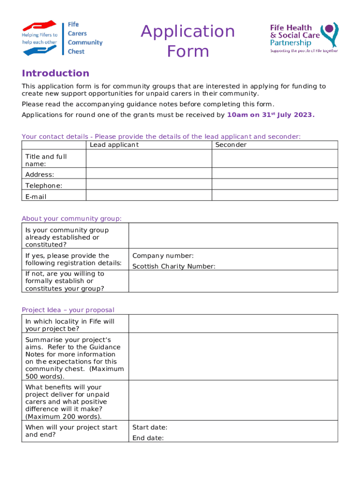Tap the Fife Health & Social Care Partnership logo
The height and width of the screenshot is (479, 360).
[x=304, y=37]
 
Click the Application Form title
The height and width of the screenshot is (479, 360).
[x=188, y=41]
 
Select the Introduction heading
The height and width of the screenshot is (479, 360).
[x=55, y=73]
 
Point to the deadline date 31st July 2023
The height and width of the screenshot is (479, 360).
[x=270, y=115]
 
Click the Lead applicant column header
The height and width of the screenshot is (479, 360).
[x=114, y=145]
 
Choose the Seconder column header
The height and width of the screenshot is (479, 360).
[x=230, y=145]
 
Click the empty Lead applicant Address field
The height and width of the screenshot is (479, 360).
[x=149, y=173]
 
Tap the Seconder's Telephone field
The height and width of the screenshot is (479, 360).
[x=274, y=184]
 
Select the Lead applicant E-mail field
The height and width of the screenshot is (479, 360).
[x=149, y=196]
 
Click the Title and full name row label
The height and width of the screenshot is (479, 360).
[x=46, y=160]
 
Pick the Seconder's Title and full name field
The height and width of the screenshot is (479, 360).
[x=274, y=159]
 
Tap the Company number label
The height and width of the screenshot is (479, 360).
[x=163, y=255]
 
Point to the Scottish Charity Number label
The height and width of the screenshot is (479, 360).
[x=174, y=267]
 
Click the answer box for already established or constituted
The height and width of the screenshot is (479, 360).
[x=233, y=236]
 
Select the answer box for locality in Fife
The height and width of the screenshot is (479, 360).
[x=233, y=324]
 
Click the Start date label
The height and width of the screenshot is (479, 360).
[x=150, y=427]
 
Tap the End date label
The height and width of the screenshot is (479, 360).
[x=148, y=438]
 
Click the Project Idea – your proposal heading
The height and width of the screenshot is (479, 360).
[x=68, y=310]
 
